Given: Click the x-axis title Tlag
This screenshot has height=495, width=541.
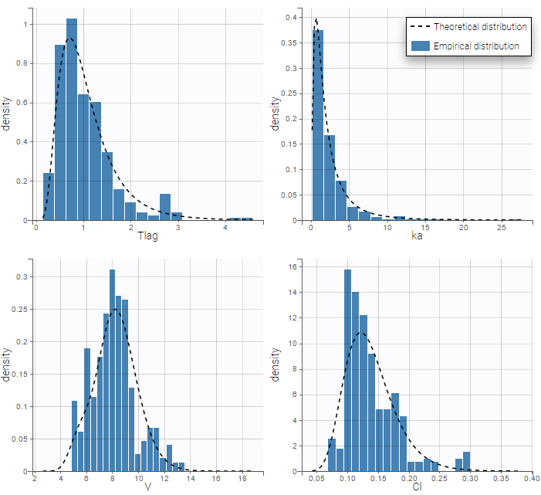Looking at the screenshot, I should [147, 236].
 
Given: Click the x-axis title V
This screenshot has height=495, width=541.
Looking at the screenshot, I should [147, 487].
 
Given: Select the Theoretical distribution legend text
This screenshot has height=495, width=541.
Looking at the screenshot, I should [480, 26].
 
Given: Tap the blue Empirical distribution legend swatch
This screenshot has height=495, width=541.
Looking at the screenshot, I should [419, 46].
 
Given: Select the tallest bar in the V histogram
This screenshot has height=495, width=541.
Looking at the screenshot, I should [112, 371].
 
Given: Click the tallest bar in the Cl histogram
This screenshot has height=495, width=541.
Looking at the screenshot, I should [347, 371].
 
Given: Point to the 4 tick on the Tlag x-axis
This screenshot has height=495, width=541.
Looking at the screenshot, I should [225, 227].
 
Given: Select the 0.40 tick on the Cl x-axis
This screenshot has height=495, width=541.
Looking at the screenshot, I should [529, 478].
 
